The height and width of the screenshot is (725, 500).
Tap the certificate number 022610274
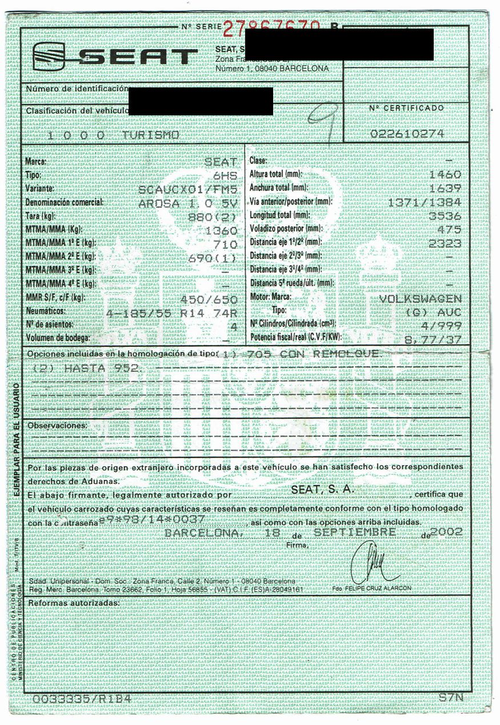click(406, 134)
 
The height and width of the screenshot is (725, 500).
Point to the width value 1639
click(447, 188)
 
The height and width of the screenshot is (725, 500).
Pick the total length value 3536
click(447, 215)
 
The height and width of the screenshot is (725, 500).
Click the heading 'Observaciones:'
click(58, 426)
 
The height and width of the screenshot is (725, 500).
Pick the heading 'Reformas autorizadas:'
click(74, 603)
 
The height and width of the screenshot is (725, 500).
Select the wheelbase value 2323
click(447, 243)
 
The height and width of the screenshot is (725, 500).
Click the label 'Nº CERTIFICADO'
click(406, 107)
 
